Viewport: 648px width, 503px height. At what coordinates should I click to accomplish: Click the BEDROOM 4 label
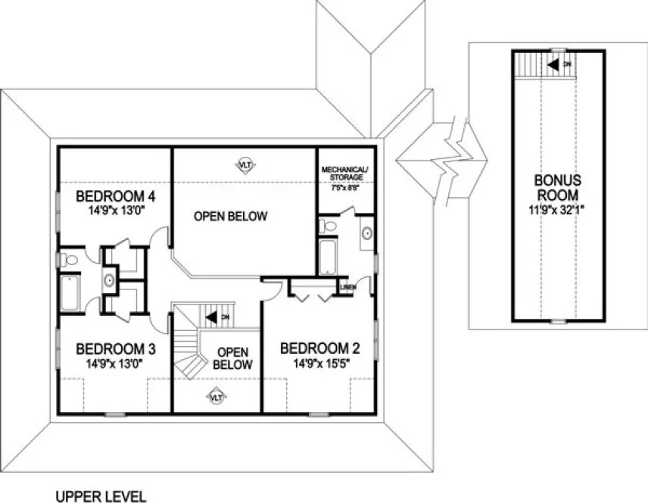(x=116, y=197)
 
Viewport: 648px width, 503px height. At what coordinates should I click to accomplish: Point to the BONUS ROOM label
(x=558, y=187)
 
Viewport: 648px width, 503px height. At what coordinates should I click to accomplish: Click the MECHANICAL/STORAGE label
(x=344, y=173)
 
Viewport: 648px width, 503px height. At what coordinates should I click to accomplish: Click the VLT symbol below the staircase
(x=217, y=395)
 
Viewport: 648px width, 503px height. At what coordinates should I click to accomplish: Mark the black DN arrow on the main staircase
(x=213, y=317)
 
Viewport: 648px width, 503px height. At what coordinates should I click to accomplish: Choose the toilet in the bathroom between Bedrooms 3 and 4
(x=70, y=260)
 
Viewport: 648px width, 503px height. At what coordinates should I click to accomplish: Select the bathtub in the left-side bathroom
(x=70, y=292)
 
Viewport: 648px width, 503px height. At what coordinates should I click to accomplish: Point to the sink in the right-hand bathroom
(x=366, y=233)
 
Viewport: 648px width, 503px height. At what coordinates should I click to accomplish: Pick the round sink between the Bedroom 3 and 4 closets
(x=109, y=280)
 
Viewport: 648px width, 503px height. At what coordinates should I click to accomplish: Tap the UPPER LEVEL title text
(x=99, y=496)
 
